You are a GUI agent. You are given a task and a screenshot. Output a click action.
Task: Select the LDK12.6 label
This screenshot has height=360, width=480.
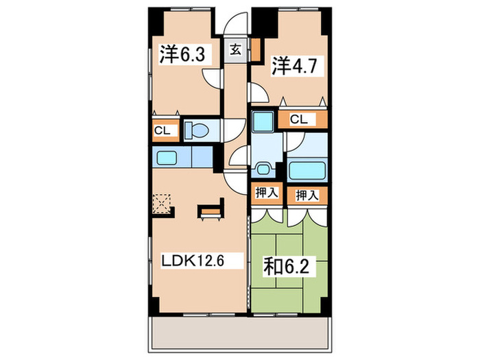click(x=193, y=261)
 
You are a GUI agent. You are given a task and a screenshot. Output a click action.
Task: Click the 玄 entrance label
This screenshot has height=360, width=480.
click(x=235, y=49)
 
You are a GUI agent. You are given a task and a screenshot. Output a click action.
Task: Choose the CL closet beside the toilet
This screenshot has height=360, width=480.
click(x=162, y=130)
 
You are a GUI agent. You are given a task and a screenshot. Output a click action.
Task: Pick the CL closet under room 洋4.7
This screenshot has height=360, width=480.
click(x=299, y=119)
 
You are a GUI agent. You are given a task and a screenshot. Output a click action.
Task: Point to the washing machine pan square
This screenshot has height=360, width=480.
click(x=261, y=122)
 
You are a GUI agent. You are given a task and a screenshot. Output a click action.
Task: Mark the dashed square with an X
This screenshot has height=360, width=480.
click(x=163, y=204)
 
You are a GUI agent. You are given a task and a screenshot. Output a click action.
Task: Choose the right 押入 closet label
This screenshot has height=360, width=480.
click(x=307, y=195)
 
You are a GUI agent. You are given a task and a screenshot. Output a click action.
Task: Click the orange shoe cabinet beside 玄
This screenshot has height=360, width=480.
click(x=254, y=48)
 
